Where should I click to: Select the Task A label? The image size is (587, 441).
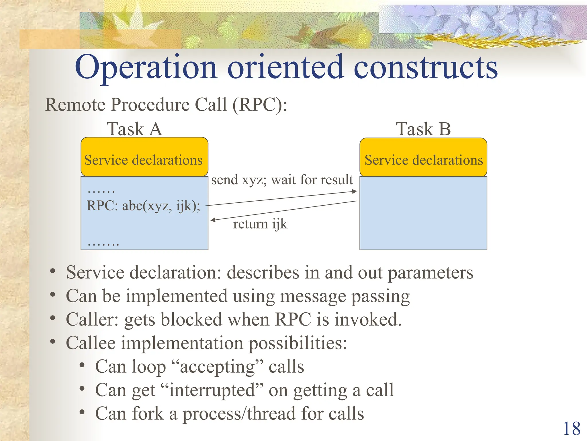tap(134, 129)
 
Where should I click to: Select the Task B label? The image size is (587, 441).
tap(423, 129)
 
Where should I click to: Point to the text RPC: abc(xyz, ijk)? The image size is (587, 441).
tap(143, 206)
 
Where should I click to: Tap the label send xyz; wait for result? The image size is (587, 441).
tap(282, 180)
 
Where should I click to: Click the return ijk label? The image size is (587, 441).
tap(260, 224)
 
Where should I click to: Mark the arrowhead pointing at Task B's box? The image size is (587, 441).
tap(355, 191)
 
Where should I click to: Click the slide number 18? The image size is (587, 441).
tap(572, 429)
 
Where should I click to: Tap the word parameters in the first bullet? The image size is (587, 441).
tap(430, 272)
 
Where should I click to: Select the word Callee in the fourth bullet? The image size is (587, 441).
tap(91, 343)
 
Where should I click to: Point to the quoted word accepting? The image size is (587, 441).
tap(217, 367)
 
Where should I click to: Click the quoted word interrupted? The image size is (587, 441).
tap(212, 390)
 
